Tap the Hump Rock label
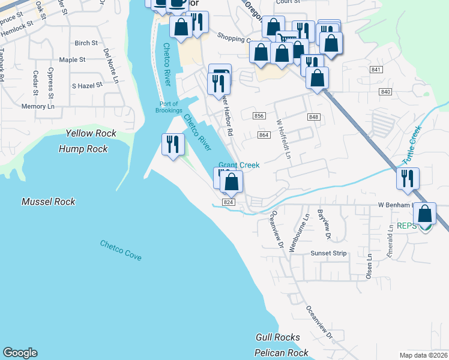tap(83, 149)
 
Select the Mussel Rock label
tap(49, 202)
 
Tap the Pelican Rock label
tap(282, 353)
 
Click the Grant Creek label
tap(239, 165)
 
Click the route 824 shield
tap(228, 203)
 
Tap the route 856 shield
tap(259, 116)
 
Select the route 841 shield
tap(376, 70)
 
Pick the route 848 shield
tap(313, 116)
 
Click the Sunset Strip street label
tap(328, 253)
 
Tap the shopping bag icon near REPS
tap(425, 214)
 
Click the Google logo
tap(20, 353)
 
